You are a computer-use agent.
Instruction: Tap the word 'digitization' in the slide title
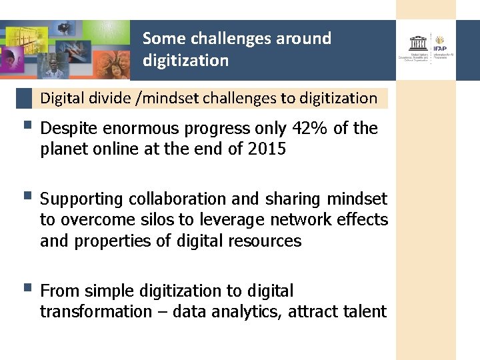tap(185, 61)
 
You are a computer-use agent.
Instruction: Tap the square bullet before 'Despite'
tap(26, 125)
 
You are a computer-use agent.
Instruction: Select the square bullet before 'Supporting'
tap(26, 196)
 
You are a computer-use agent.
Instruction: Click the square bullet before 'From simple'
tap(26, 288)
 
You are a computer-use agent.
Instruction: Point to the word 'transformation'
tap(96, 312)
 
